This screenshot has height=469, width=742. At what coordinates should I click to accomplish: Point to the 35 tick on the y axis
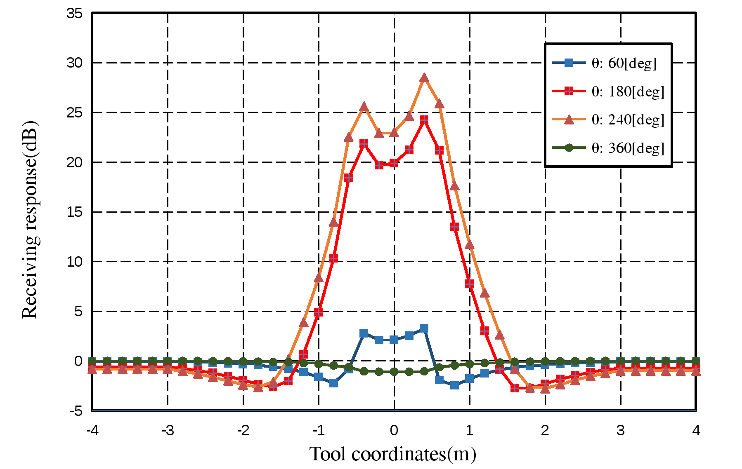(x=75, y=14)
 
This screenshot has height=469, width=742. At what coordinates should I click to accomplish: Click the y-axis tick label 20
(x=75, y=162)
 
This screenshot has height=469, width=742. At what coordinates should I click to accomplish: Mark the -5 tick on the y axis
(x=76, y=411)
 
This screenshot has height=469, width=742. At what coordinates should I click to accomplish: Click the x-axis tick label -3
(x=168, y=431)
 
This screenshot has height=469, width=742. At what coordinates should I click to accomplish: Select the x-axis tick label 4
(x=696, y=431)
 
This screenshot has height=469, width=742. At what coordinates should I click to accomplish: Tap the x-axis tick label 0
(x=394, y=431)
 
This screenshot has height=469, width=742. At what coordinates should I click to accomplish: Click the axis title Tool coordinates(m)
(x=393, y=454)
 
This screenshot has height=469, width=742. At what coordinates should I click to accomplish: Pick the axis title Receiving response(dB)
(x=30, y=220)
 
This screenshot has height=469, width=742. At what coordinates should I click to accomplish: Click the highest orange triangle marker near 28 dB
(x=424, y=78)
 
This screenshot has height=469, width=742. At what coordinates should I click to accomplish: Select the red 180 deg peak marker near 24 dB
(x=424, y=120)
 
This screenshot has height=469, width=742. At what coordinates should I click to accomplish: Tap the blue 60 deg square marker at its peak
(x=424, y=328)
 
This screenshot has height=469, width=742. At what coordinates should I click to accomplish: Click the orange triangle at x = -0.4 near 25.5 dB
(x=364, y=107)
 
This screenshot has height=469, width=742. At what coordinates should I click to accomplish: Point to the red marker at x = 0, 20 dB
(x=394, y=163)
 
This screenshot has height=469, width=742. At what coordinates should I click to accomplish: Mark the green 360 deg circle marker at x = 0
(x=394, y=372)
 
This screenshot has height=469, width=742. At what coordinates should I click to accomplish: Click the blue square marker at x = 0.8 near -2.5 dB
(x=454, y=385)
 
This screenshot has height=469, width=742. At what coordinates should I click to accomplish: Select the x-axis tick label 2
(x=545, y=431)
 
